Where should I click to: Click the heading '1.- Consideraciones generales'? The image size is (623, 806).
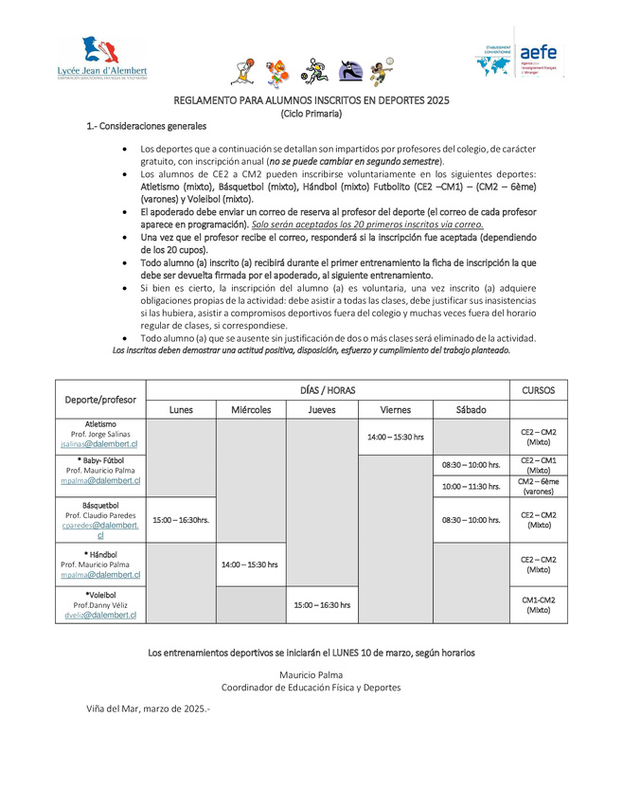tap(146, 125)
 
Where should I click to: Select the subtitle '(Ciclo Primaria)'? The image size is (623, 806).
tap(311, 113)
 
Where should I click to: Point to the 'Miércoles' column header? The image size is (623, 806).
tap(251, 410)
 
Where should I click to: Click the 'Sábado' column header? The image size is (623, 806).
tap(471, 410)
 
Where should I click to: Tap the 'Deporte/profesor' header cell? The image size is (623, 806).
tap(100, 400)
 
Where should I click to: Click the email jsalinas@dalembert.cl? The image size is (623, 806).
tap(99, 443)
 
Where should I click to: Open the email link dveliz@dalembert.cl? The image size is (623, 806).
tap(99, 615)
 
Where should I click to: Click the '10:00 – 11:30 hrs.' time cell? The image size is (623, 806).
tap(471, 487)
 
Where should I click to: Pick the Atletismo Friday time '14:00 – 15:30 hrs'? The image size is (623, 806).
tap(395, 438)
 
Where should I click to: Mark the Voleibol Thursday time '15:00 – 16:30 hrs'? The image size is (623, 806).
tap(322, 604)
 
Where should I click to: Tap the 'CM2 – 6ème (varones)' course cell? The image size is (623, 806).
tap(538, 487)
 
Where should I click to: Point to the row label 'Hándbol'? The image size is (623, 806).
tap(100, 554)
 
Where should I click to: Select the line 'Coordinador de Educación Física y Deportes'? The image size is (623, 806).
tap(311, 687)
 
